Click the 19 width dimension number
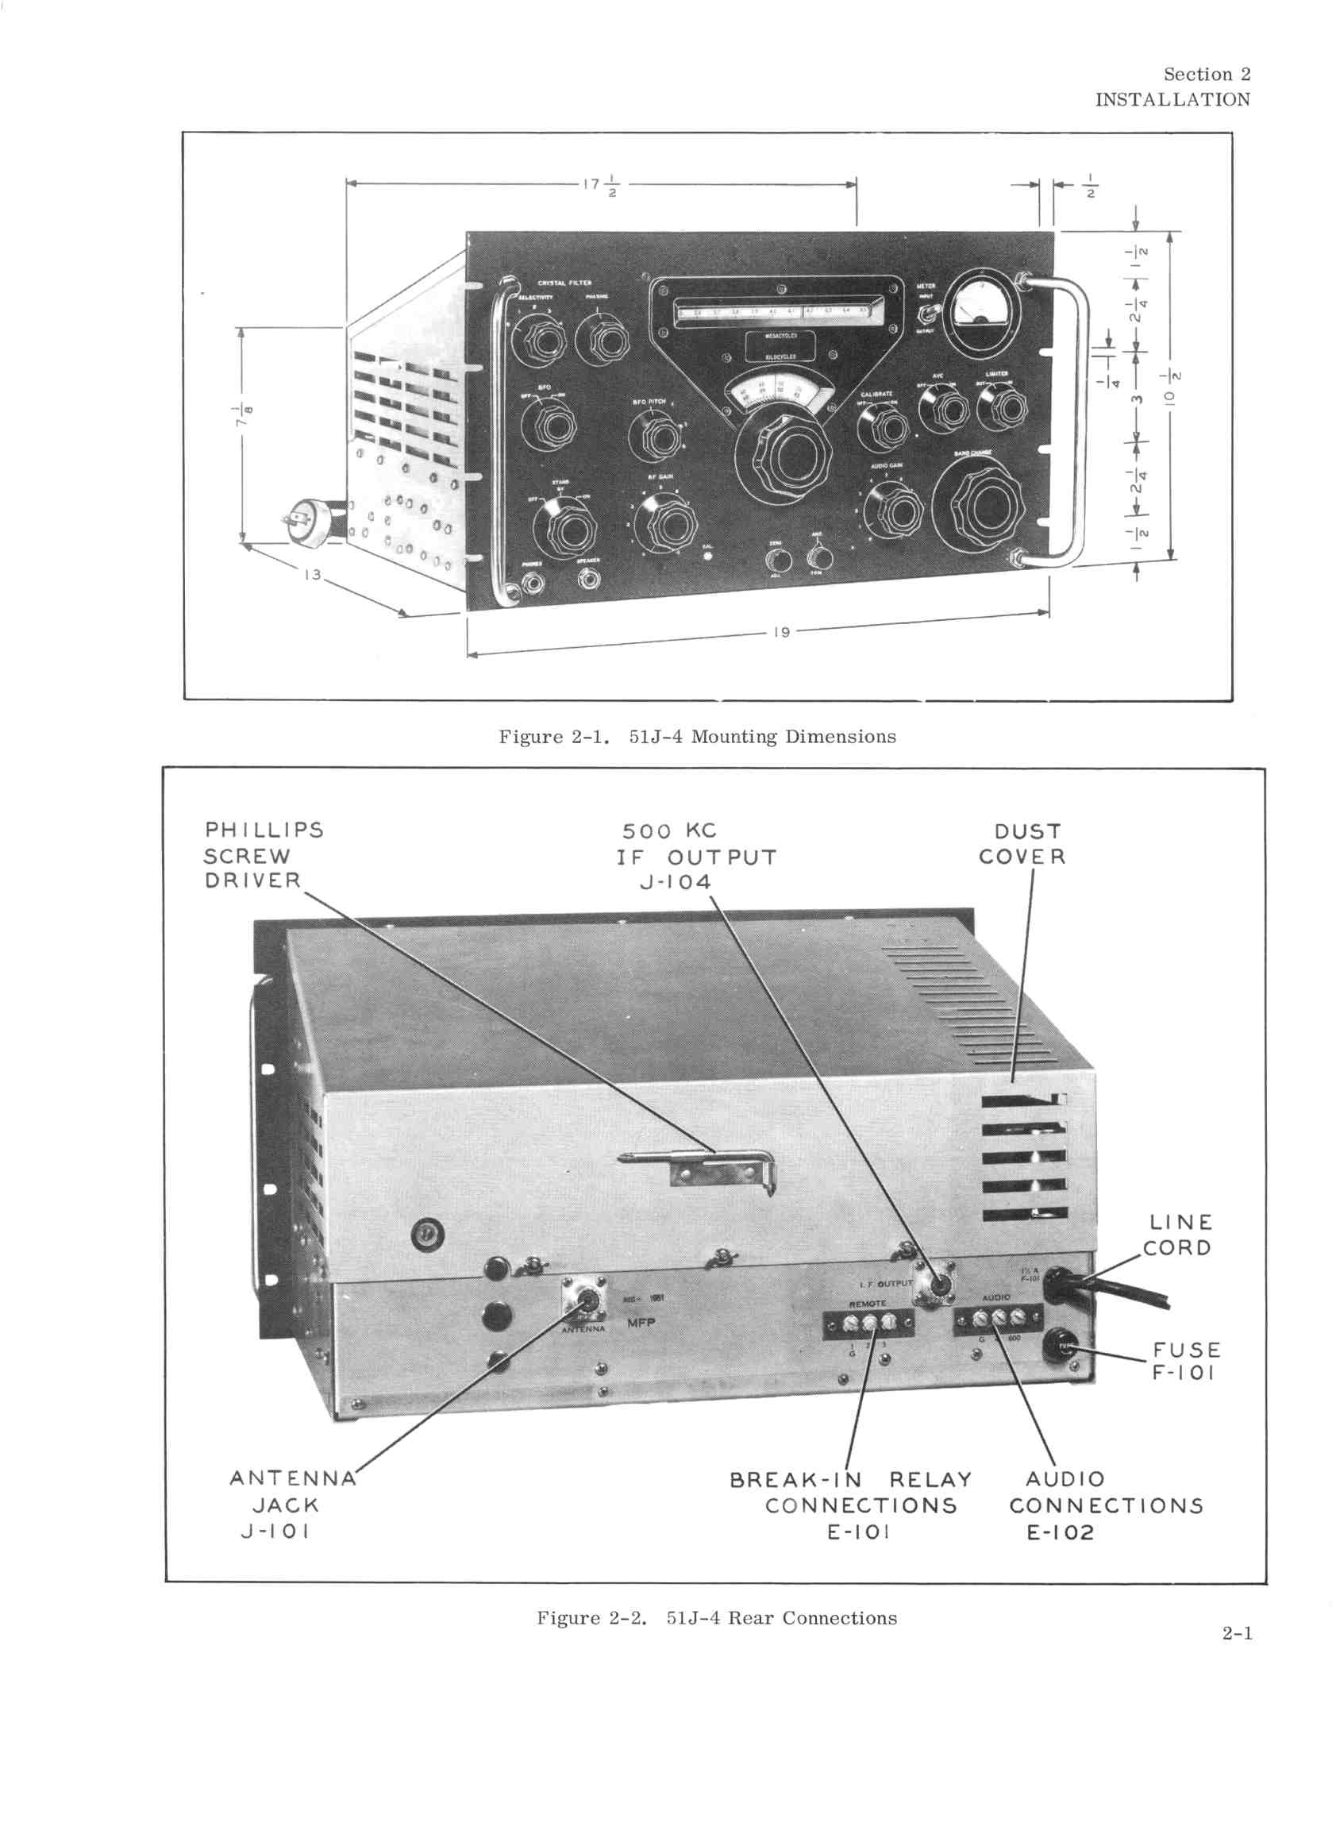click(x=781, y=632)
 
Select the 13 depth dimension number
click(x=313, y=575)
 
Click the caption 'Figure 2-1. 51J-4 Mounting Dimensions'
click(x=697, y=737)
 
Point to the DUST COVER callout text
click(x=1022, y=844)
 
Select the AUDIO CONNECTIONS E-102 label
click(x=1106, y=1506)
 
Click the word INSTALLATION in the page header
click(x=1172, y=100)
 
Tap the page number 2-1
click(x=1237, y=1633)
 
